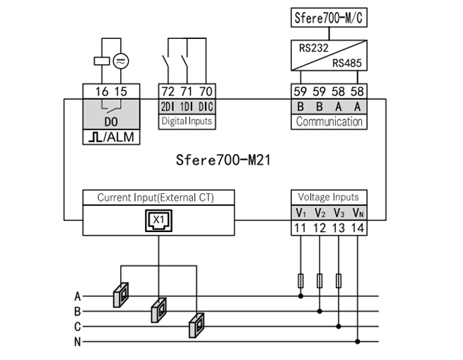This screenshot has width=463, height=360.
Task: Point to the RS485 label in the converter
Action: (x=347, y=64)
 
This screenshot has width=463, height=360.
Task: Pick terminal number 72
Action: (x=168, y=91)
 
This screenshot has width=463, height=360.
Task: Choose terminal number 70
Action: (x=206, y=91)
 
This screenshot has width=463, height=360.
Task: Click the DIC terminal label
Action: (x=206, y=106)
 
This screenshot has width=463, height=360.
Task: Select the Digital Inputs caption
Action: (x=187, y=121)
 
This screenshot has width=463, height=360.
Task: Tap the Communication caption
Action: (x=329, y=122)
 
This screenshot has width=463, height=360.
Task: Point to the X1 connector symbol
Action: (x=158, y=221)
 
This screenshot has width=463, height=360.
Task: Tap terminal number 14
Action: (x=358, y=228)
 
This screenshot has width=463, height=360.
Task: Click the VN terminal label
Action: (x=358, y=212)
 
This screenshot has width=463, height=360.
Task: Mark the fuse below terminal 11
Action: (x=301, y=281)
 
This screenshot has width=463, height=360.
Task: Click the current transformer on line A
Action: (x=121, y=294)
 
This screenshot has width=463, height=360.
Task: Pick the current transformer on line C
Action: (x=195, y=327)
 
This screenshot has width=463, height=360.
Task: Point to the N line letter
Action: (x=78, y=342)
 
